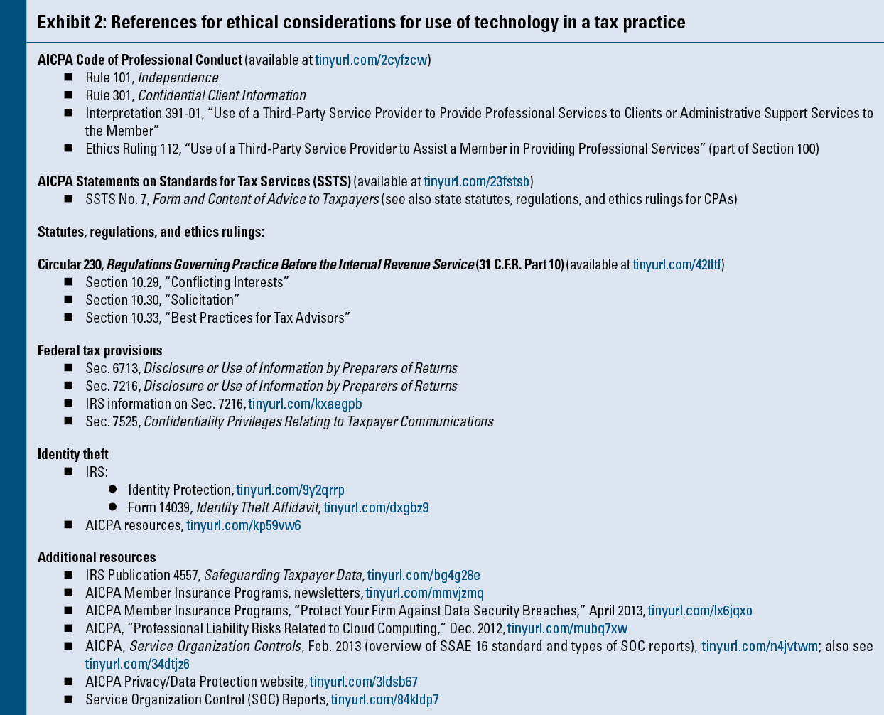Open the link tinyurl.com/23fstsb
pyautogui.click(x=478, y=181)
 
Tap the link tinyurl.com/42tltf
pyautogui.click(x=677, y=264)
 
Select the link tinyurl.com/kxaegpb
pyautogui.click(x=305, y=404)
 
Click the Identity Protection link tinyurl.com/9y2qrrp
pyautogui.click(x=290, y=490)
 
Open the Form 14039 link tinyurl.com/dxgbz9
pyautogui.click(x=376, y=507)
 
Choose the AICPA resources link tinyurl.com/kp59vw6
pyautogui.click(x=243, y=525)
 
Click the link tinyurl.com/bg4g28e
pyautogui.click(x=424, y=575)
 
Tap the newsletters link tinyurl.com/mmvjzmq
pyautogui.click(x=424, y=593)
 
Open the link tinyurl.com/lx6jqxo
pyautogui.click(x=699, y=611)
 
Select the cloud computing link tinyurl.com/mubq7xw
pyautogui.click(x=567, y=628)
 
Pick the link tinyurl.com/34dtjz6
pyautogui.click(x=137, y=664)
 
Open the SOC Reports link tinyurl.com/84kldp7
pyautogui.click(x=384, y=699)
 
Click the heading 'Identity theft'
pyautogui.click(x=73, y=453)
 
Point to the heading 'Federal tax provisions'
pyautogui.click(x=99, y=350)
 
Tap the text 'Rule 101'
pyautogui.click(x=109, y=77)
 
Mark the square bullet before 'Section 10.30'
pyautogui.click(x=68, y=300)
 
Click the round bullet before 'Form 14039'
pyautogui.click(x=112, y=507)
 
